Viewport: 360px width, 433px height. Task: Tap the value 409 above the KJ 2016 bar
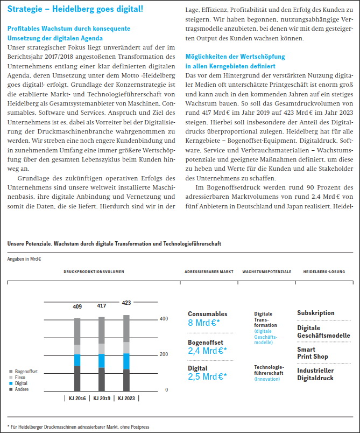click(x=77, y=306)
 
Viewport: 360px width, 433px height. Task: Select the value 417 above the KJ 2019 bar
click(x=101, y=305)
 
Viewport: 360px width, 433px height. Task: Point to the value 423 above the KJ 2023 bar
click(x=126, y=303)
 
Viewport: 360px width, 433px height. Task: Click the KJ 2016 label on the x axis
click(x=77, y=399)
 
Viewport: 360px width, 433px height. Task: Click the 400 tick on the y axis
click(x=164, y=319)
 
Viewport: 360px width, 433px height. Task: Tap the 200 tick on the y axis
click(x=164, y=354)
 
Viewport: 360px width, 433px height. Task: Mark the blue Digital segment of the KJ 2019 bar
click(x=101, y=361)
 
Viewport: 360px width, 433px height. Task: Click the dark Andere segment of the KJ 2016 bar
click(x=77, y=378)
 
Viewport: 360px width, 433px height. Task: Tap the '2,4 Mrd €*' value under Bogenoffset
click(x=207, y=351)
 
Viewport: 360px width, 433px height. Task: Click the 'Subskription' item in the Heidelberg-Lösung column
click(x=316, y=313)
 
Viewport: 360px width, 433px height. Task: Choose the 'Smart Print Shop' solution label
click(x=313, y=353)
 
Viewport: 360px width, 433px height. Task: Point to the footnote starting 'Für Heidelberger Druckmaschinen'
click(x=81, y=427)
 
